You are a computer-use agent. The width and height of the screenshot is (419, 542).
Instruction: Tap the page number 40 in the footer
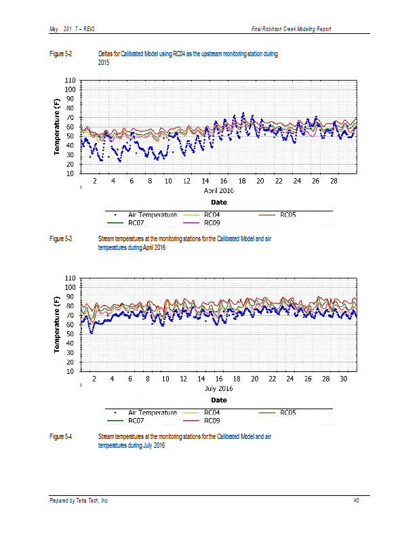(x=357, y=501)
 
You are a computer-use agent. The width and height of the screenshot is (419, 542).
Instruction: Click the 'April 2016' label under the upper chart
(x=219, y=191)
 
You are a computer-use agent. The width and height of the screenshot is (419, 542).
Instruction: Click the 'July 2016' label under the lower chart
(x=218, y=389)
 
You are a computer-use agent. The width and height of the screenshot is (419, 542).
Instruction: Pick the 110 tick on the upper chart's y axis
(x=70, y=80)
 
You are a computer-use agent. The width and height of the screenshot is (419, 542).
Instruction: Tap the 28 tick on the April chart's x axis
(x=334, y=182)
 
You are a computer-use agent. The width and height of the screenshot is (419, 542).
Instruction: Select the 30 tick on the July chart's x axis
(x=342, y=379)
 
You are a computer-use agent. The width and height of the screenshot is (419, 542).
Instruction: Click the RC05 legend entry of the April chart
(x=287, y=215)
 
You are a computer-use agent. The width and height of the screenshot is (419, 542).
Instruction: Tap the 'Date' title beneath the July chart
(x=218, y=400)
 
